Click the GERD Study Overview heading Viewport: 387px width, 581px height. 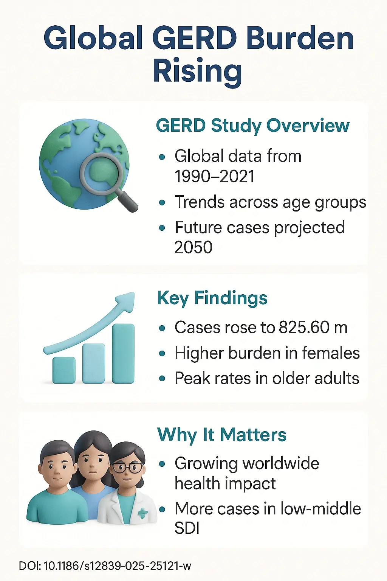(x=252, y=126)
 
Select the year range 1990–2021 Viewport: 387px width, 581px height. (x=214, y=176)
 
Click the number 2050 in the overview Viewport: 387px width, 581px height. (x=193, y=247)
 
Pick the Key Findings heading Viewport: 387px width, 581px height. (x=212, y=298)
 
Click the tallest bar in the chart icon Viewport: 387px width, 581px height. (x=123, y=353)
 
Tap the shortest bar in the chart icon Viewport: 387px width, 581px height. (x=63, y=370)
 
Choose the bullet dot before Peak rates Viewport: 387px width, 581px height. (x=162, y=379)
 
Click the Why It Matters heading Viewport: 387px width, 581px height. (x=221, y=435)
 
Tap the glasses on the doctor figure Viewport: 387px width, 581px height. (x=128, y=468)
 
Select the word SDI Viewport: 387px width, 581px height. (x=187, y=528)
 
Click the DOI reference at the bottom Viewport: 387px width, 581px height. (x=105, y=566)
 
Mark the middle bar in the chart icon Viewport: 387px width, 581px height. (x=93, y=363)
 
